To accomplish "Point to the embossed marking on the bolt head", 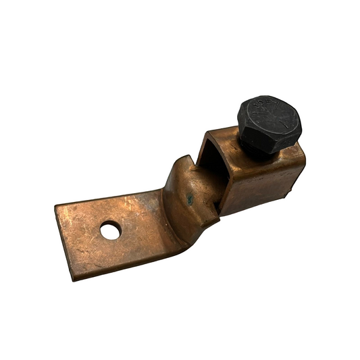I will [x=265, y=107].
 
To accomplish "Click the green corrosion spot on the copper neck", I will [x=190, y=199].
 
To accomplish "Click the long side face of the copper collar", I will [x=260, y=182].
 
